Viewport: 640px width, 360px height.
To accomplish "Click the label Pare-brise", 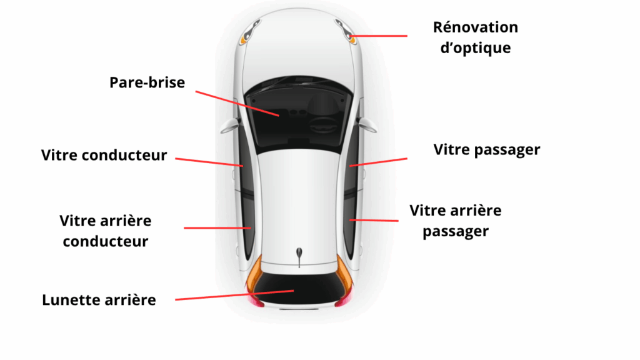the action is [x=147, y=82].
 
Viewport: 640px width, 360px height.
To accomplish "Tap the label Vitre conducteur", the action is [x=104, y=155].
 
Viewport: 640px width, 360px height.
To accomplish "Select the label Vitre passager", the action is [x=486, y=150].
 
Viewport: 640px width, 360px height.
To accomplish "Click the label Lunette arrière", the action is [x=99, y=300].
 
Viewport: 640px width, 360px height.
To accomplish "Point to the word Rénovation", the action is [x=476, y=27].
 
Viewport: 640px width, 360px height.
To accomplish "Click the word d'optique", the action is [x=476, y=48].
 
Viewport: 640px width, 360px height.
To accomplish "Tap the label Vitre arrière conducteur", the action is [x=105, y=231].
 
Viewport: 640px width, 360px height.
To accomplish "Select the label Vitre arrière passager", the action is [x=456, y=221].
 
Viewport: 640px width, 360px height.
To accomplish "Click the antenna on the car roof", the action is [x=299, y=257].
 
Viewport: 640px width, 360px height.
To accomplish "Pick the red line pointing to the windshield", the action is [x=237, y=104].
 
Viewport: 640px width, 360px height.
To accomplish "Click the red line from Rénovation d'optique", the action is [x=378, y=36].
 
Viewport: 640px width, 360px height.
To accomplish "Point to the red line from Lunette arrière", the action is [x=234, y=295].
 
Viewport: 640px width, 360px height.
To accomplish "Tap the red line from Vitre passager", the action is [x=378, y=162].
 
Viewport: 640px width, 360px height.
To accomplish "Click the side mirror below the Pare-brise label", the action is [x=230, y=126].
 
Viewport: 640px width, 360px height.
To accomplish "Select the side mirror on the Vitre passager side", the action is [x=367, y=125].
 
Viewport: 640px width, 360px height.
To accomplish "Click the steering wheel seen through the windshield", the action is [x=323, y=124].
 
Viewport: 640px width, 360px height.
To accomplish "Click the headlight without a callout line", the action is [x=250, y=31].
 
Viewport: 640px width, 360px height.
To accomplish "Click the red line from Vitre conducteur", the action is [x=209, y=162].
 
